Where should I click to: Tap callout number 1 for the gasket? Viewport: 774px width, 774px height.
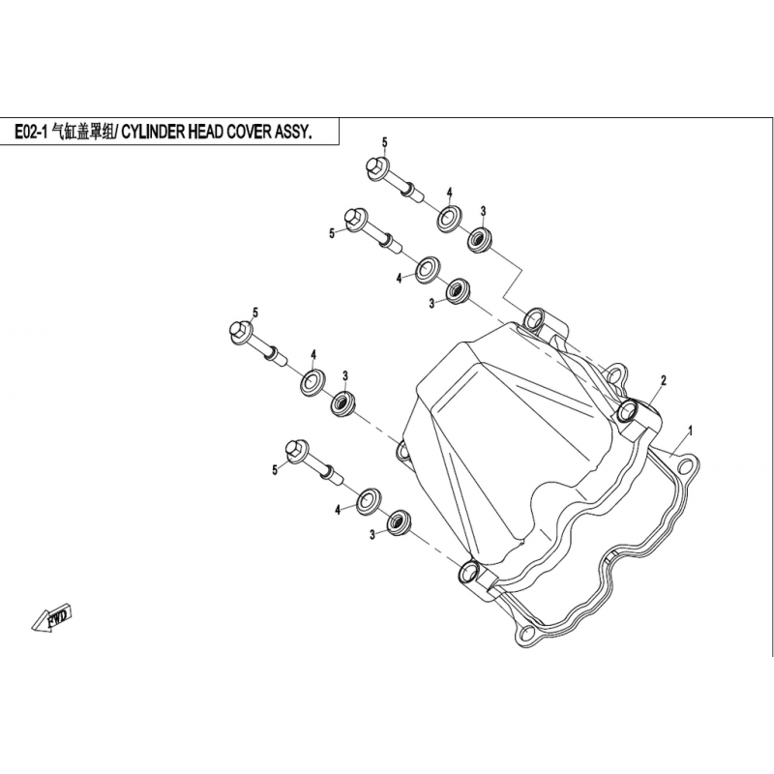[x=691, y=431]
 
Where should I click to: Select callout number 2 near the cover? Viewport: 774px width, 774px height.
[x=664, y=380]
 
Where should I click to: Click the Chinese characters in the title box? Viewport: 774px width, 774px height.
[x=83, y=133]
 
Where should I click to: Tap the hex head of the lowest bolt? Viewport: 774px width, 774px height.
[x=297, y=450]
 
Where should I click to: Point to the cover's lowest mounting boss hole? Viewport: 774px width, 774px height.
[x=468, y=573]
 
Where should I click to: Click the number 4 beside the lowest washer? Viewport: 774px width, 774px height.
[x=338, y=510]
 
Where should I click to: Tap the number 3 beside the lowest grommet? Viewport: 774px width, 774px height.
[x=372, y=534]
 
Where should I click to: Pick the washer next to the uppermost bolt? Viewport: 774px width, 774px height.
[x=449, y=219]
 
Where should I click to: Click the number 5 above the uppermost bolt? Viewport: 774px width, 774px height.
[x=384, y=142]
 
